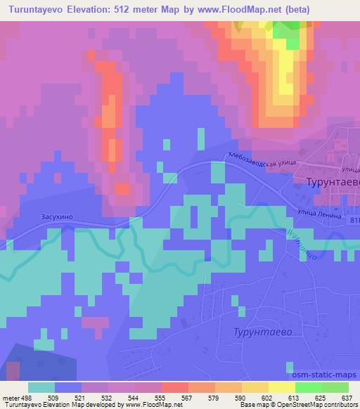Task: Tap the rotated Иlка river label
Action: tap(298, 248)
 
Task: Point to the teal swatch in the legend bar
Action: tap(41, 387)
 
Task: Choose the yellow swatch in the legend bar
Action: tap(281, 387)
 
